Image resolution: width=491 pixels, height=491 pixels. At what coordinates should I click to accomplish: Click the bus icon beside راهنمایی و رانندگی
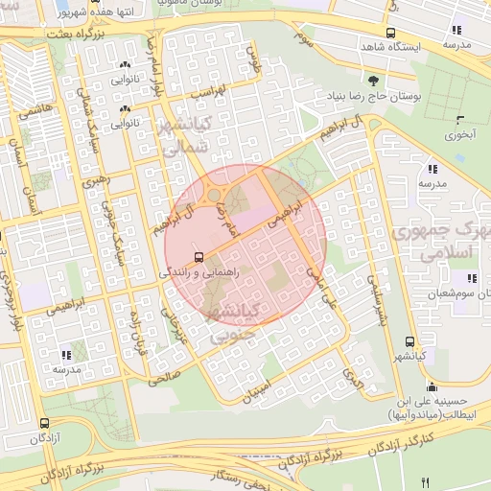[x=199, y=257]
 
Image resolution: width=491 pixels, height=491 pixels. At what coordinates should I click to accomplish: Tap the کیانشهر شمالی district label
[x=198, y=135]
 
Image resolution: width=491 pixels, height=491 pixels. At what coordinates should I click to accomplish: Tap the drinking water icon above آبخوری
[x=461, y=121]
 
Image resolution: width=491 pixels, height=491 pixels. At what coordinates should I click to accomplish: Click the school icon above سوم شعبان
[x=471, y=279]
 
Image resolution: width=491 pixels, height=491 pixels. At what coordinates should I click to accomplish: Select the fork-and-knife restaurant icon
[x=426, y=481]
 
